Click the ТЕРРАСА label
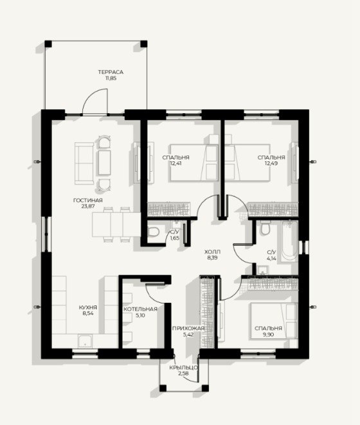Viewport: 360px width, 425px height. (111, 72)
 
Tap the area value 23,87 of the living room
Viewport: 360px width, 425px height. (88, 206)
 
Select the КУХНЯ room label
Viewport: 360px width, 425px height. (88, 307)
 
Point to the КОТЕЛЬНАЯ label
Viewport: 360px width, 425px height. (140, 309)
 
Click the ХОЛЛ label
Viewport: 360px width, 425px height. (213, 252)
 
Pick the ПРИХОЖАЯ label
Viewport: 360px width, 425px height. (188, 329)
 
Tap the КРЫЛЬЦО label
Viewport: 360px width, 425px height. (183, 368)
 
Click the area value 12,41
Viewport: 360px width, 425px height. (175, 163)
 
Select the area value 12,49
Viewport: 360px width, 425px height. (271, 163)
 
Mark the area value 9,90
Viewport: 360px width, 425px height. (268, 334)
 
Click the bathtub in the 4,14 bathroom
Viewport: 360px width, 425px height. (289, 241)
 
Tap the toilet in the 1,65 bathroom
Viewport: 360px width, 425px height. (153, 231)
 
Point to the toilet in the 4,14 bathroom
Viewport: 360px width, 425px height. (264, 228)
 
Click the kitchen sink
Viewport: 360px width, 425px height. (85, 341)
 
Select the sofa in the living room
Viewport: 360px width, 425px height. (84, 163)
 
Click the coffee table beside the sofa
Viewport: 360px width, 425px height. (104, 163)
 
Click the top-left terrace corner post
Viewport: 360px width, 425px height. (48, 44)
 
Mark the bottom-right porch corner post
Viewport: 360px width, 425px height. (205, 388)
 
